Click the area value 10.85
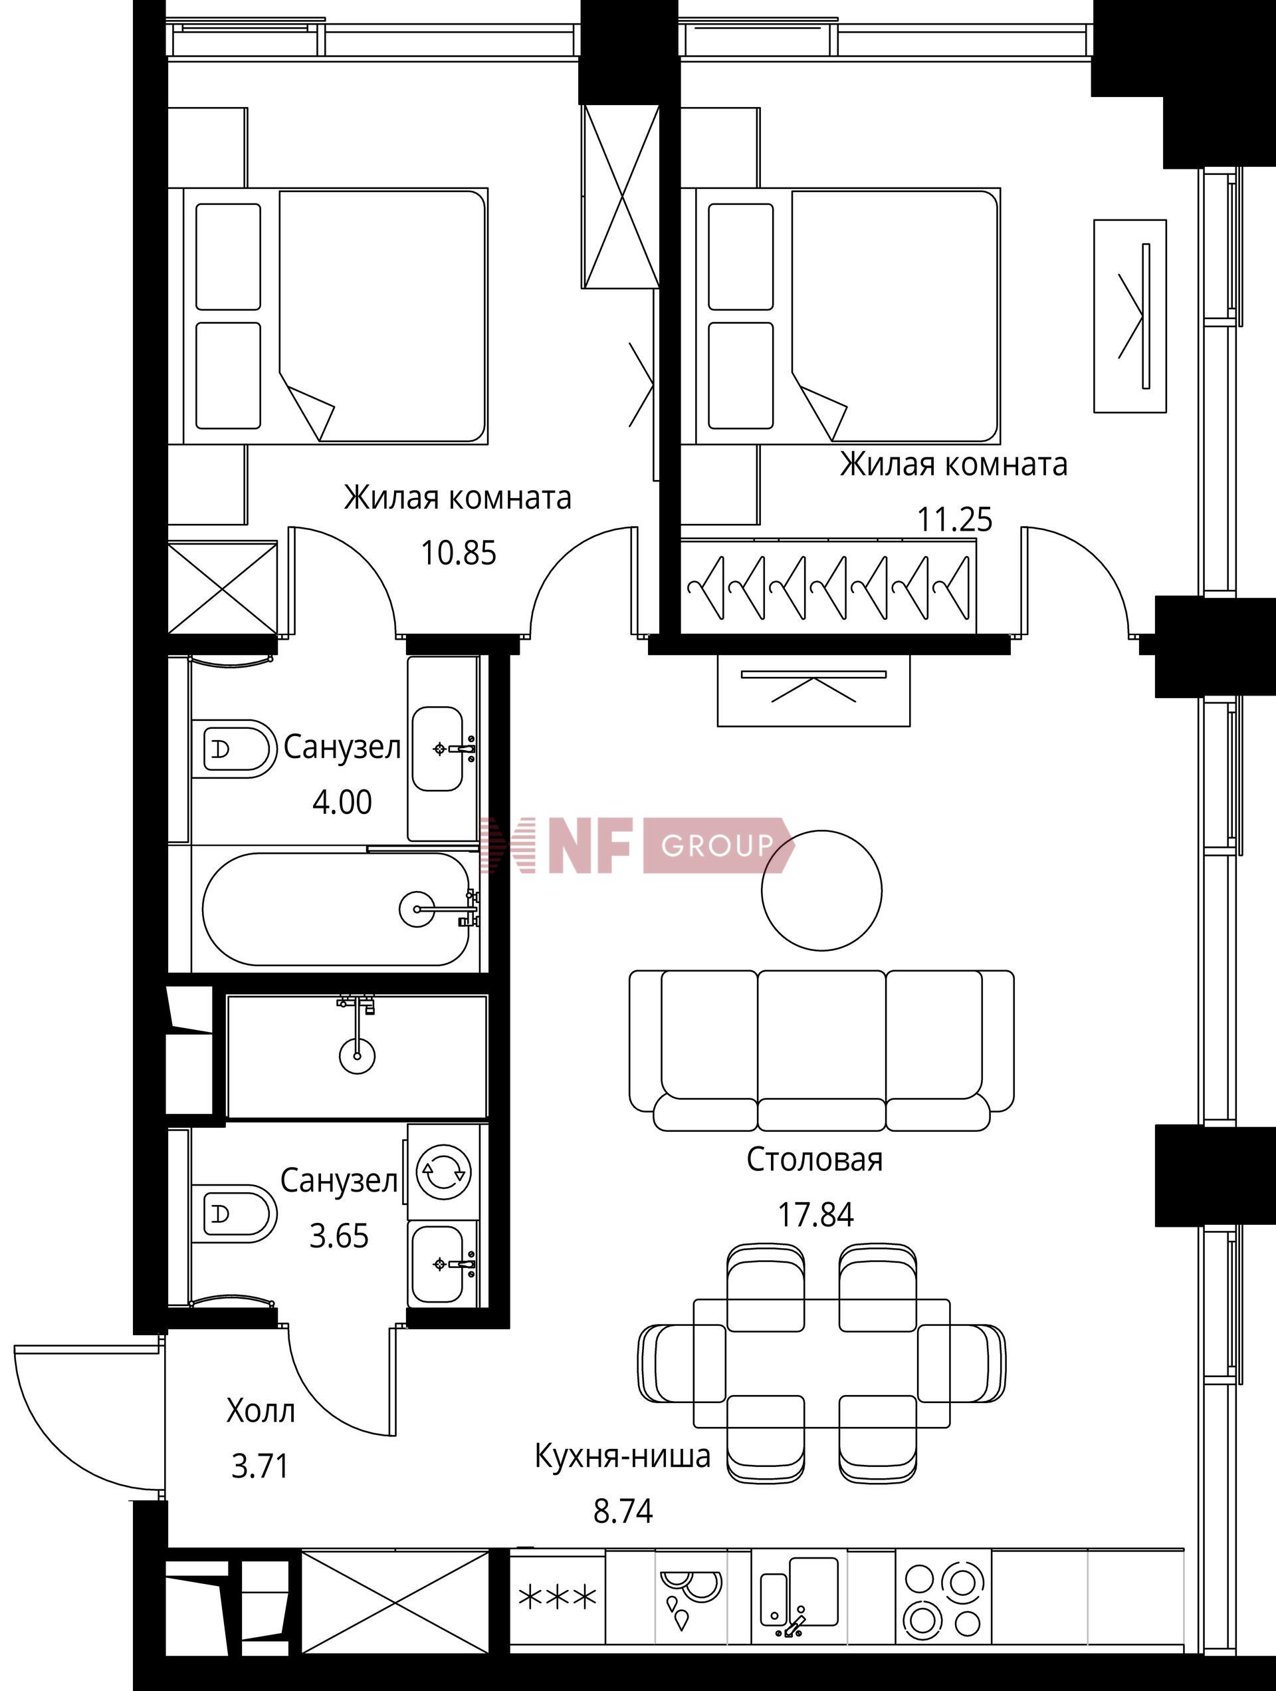pyautogui.click(x=459, y=552)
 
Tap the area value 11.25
pyautogui.click(x=954, y=520)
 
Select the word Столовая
pyautogui.click(x=815, y=1160)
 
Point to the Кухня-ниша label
pyautogui.click(x=623, y=1456)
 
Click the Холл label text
pyautogui.click(x=261, y=1411)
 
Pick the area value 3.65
pyautogui.click(x=338, y=1236)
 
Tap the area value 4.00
pyautogui.click(x=342, y=802)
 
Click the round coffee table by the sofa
pyautogui.click(x=822, y=890)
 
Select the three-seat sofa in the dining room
pyautogui.click(x=821, y=1051)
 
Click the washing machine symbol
pyautogui.click(x=443, y=1170)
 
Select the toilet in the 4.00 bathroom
pyautogui.click(x=233, y=748)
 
